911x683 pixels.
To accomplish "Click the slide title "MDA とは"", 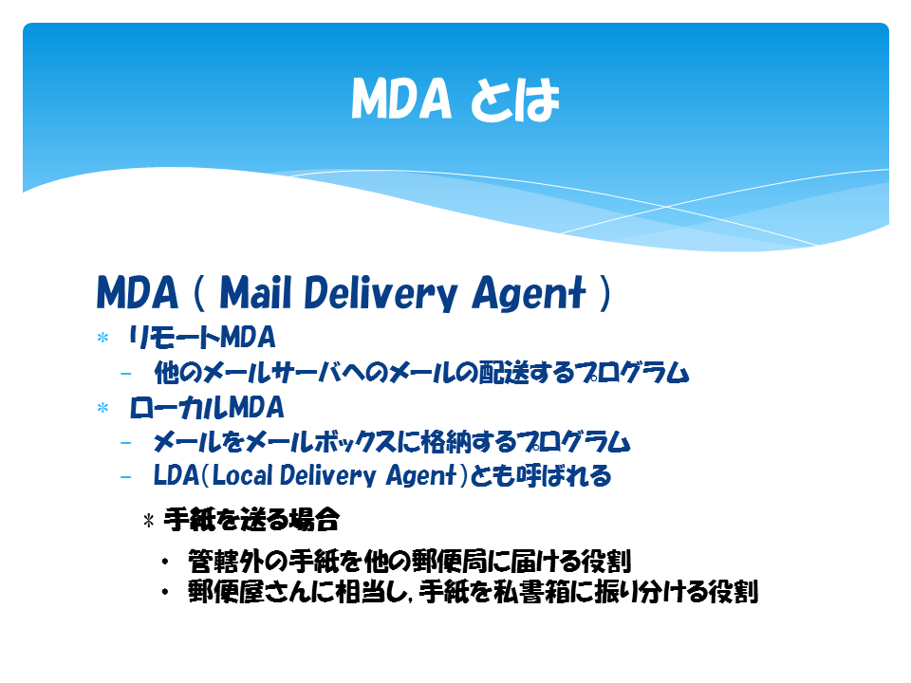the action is pyautogui.click(x=455, y=99).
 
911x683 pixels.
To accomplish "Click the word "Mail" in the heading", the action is pyautogui.click(x=255, y=292).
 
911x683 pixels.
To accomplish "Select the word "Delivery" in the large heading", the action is pyautogui.click(x=381, y=293).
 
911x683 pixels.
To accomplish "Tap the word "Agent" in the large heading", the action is pyautogui.click(x=529, y=293).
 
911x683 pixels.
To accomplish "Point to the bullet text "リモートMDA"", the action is pyautogui.click(x=201, y=337).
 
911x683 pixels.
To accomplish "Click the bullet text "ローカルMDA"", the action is pyautogui.click(x=207, y=407).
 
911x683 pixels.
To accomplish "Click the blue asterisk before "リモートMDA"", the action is pyautogui.click(x=102, y=338).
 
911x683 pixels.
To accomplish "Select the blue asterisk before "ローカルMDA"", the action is pyautogui.click(x=102, y=408).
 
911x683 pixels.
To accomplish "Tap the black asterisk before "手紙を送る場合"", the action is pyautogui.click(x=149, y=520).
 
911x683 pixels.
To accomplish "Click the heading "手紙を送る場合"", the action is pyautogui.click(x=251, y=519).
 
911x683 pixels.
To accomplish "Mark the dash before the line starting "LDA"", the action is pyautogui.click(x=125, y=477).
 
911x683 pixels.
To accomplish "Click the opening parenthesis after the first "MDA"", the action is pyautogui.click(x=198, y=293).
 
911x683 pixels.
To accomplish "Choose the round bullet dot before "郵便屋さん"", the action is pyautogui.click(x=165, y=592).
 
